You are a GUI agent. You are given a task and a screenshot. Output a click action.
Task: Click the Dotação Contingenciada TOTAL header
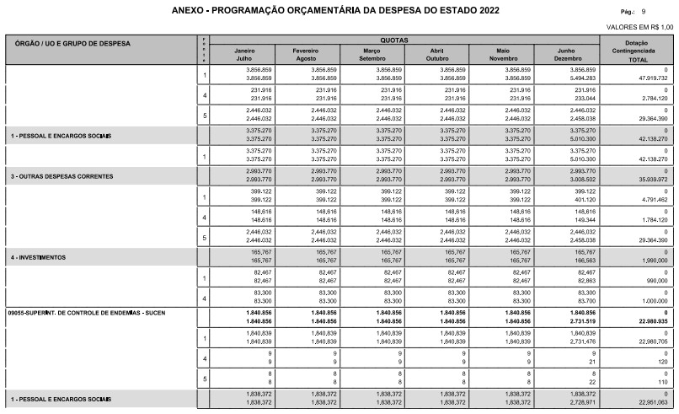[643, 49]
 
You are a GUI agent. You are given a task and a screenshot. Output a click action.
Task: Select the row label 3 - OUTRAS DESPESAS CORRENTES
[64, 177]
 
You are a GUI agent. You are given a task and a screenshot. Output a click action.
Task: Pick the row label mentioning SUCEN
[87, 312]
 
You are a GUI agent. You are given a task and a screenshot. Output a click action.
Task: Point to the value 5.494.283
[580, 78]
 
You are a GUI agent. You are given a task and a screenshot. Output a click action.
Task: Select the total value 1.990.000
[651, 261]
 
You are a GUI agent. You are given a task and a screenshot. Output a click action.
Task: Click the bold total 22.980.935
[650, 320]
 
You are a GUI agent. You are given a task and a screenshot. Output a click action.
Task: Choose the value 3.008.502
[580, 180]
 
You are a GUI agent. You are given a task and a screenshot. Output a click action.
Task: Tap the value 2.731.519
[580, 320]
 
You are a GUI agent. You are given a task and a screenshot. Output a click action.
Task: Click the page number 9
[644, 12]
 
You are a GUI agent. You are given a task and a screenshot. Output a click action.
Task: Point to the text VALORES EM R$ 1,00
[640, 28]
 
